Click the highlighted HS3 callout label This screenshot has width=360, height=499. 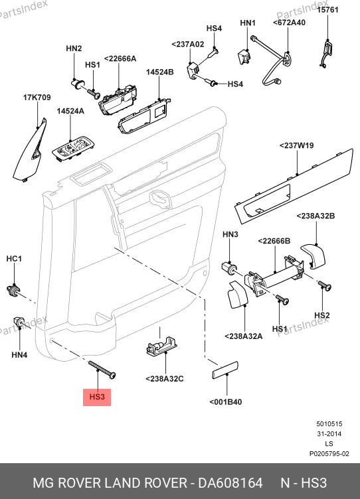coord(97,397)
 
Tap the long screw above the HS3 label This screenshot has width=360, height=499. coord(102,370)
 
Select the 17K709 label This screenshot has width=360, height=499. coord(37,98)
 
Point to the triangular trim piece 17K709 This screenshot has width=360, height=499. coord(31,151)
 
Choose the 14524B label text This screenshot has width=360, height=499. coord(160,72)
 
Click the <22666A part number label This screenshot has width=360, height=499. coord(120,58)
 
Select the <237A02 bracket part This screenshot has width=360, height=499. coord(193,70)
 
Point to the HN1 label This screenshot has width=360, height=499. coord(248,23)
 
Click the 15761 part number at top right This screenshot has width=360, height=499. coord(327,10)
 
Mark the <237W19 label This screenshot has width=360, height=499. coord(297,145)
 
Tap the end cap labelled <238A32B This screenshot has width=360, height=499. coord(313,255)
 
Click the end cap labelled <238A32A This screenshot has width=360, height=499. coord(237,295)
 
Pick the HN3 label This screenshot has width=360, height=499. coord(230,234)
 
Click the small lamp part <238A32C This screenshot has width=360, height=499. coord(161,345)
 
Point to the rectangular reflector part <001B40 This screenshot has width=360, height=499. coord(225,370)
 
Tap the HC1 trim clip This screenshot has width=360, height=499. coord(14,290)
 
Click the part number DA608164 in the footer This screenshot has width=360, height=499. coord(230,483)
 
